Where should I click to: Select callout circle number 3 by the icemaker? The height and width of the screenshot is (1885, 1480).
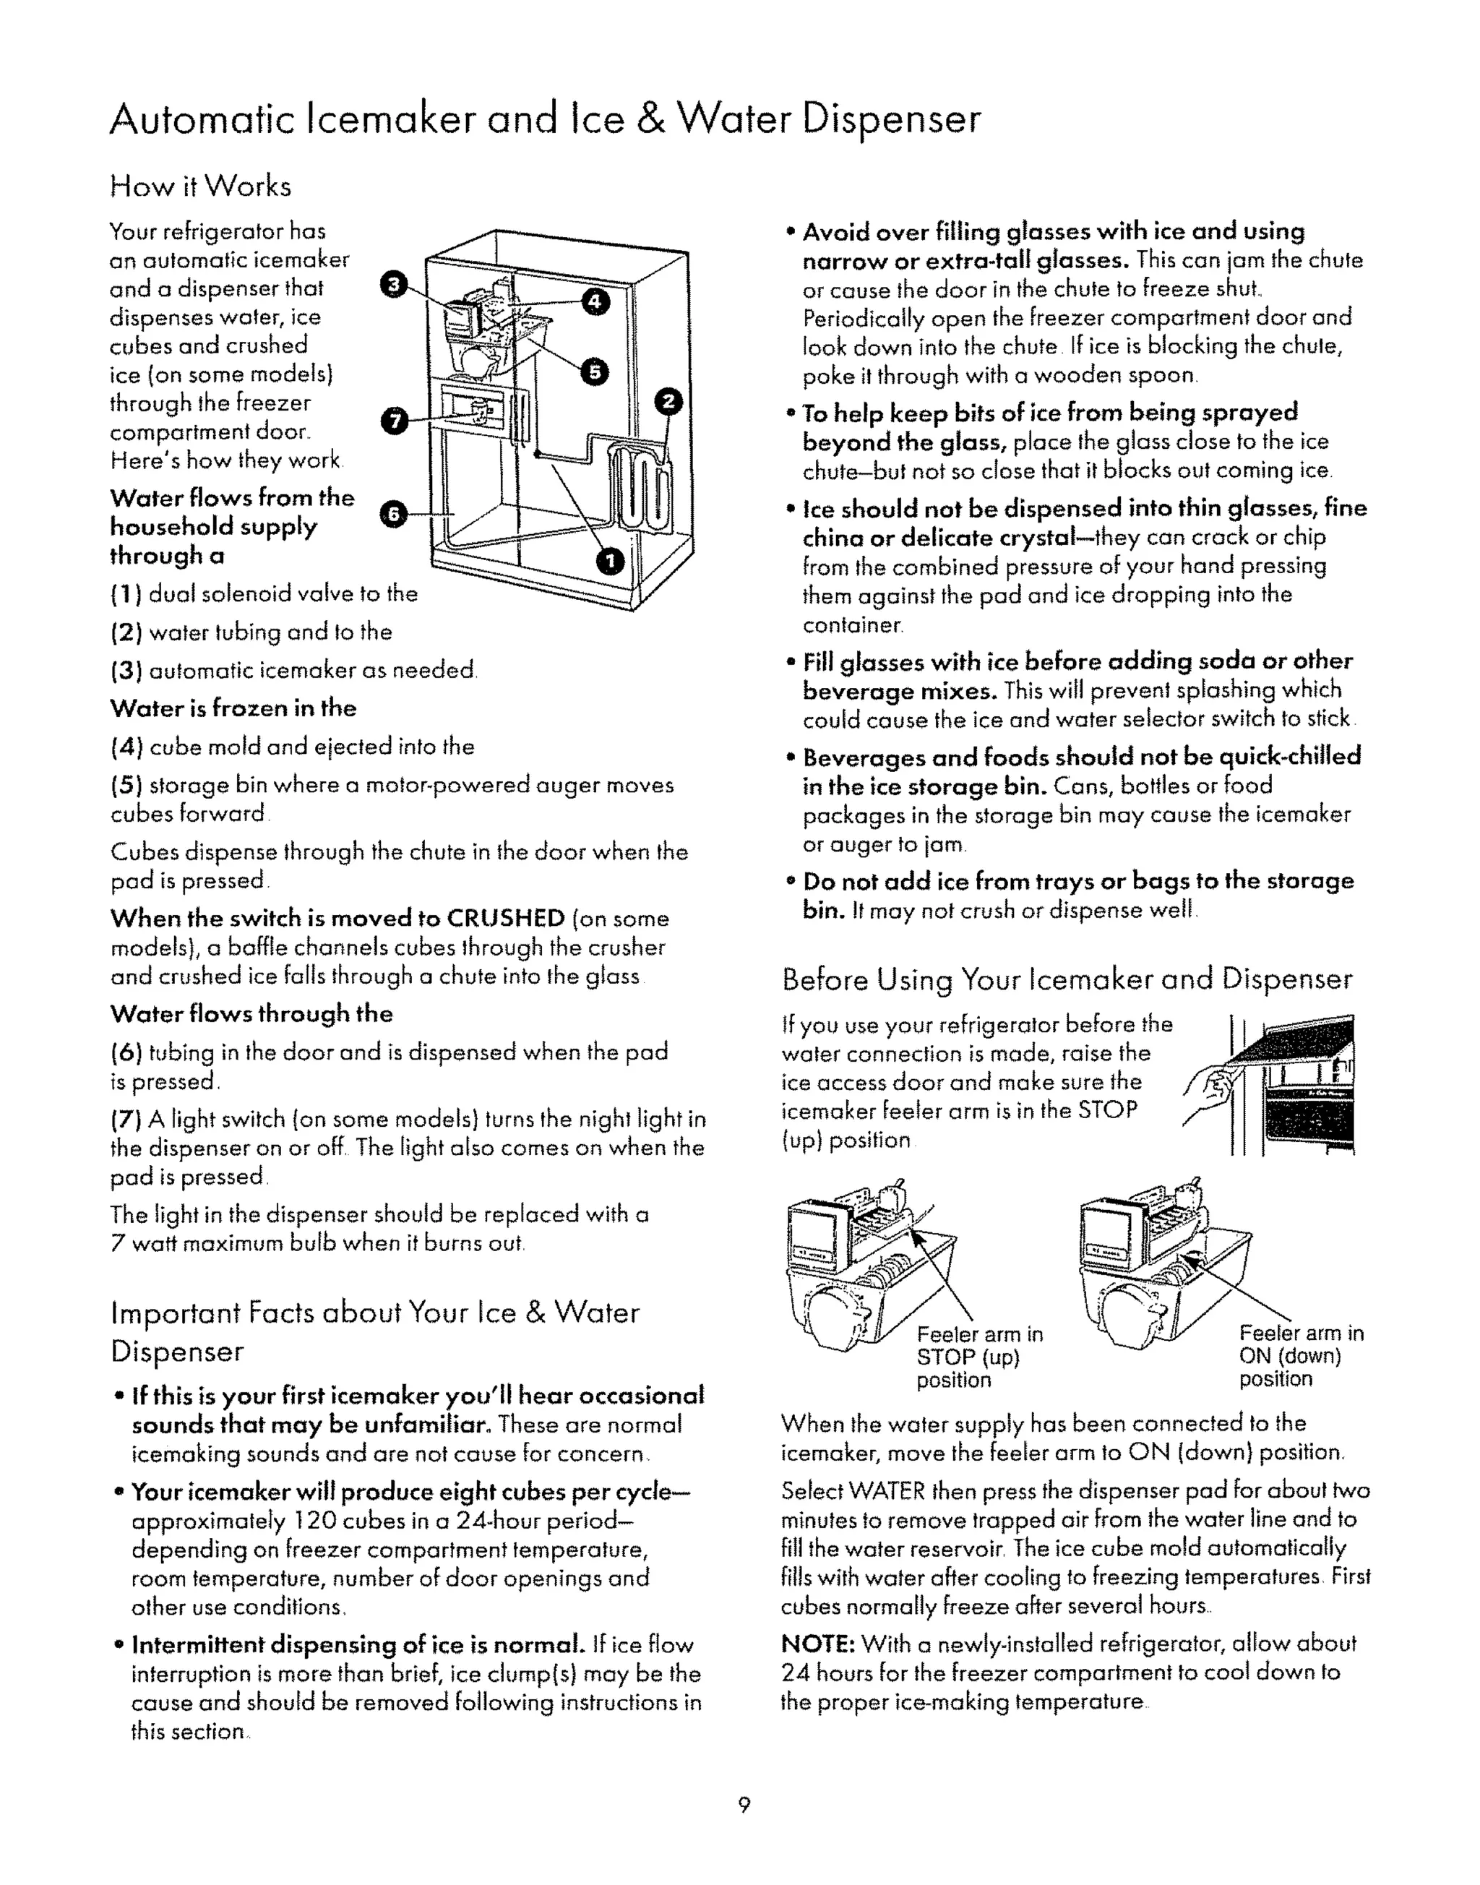coord(393,283)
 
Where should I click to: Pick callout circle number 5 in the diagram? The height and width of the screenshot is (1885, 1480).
coord(595,371)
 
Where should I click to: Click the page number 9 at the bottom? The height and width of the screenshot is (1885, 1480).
coord(744,1805)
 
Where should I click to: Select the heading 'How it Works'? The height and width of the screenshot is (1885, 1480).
coord(200,186)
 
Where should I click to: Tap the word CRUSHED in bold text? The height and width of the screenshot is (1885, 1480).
coord(505,918)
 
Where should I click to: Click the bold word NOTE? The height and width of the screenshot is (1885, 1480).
coord(818,1644)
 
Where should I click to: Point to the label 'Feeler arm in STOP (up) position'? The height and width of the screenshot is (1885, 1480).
coord(979,1357)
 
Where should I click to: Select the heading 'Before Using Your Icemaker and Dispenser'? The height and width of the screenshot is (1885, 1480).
coord(1066,979)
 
